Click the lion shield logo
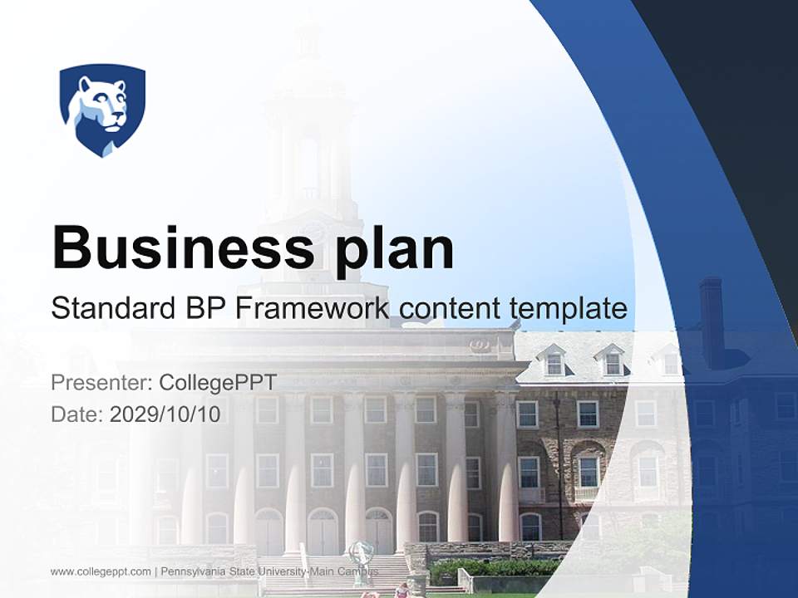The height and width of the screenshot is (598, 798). click(x=102, y=109)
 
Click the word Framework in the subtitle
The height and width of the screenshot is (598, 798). click(x=313, y=308)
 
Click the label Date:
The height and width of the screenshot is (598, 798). click(x=76, y=414)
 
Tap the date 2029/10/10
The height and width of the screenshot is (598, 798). click(x=165, y=414)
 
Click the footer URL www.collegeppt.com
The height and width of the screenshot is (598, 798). click(x=101, y=571)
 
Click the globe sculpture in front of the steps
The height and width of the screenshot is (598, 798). click(x=361, y=555)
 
